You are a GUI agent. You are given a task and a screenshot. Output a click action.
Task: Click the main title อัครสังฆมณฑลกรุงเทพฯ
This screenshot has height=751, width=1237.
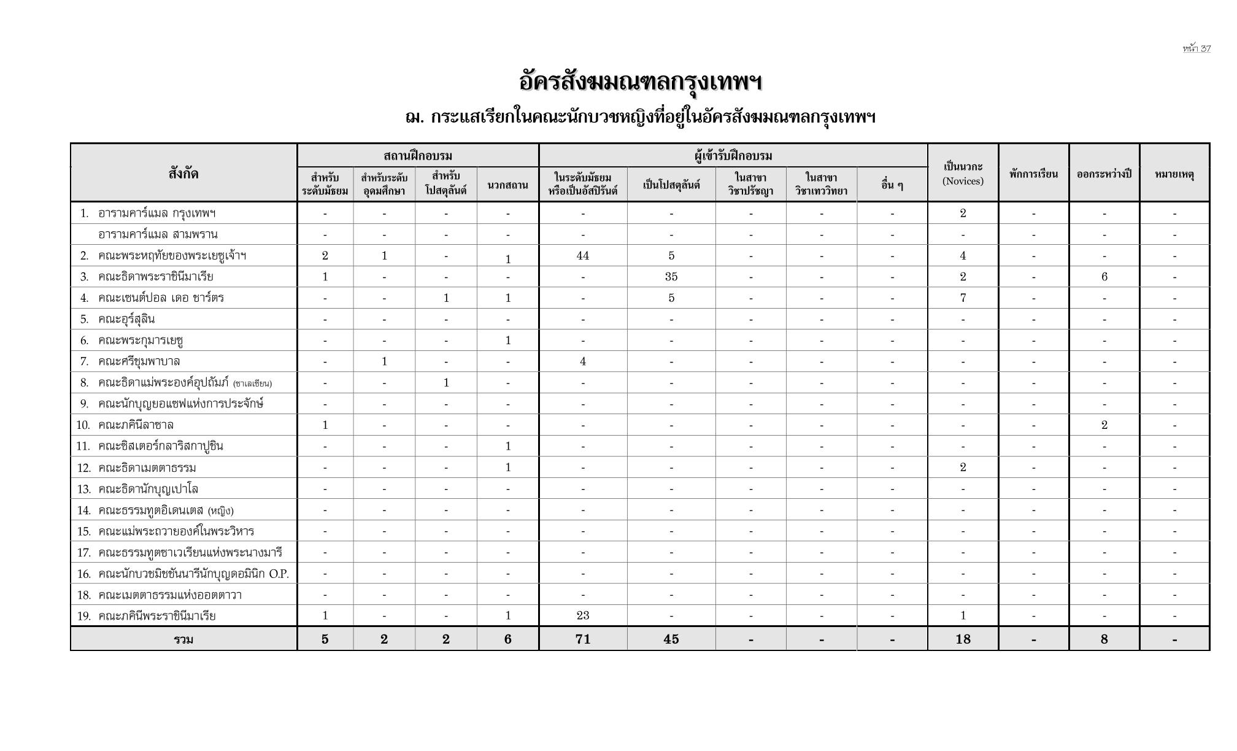640,82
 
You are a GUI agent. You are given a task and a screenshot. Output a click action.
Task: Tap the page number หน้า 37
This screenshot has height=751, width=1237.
1197,48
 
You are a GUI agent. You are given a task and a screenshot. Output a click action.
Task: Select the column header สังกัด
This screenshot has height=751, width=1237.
183,174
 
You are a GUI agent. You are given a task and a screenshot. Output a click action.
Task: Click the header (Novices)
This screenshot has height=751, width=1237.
963,181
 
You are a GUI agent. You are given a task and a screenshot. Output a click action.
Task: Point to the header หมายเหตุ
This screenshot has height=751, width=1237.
1174,174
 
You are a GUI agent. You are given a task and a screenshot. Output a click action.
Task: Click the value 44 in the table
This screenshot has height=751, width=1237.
582,256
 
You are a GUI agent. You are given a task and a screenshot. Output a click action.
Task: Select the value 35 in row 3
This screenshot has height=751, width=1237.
671,277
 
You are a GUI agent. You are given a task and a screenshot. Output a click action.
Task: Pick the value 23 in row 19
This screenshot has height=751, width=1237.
582,615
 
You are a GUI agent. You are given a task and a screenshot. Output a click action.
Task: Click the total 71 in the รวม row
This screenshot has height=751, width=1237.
582,639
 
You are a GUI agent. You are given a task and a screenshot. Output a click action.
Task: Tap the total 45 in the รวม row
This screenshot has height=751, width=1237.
671,639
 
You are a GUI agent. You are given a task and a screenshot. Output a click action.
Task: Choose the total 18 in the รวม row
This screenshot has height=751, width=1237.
963,639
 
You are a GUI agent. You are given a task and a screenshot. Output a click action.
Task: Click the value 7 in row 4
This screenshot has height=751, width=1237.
963,298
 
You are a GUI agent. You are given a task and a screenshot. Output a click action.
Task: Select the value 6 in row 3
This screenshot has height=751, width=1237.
1104,277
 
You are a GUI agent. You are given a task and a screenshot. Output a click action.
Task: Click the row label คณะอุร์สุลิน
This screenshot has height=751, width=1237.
126,319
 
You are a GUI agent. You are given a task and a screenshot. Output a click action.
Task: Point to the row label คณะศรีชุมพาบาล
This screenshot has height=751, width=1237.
139,361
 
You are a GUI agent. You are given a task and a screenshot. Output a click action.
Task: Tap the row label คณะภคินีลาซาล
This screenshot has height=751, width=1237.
136,425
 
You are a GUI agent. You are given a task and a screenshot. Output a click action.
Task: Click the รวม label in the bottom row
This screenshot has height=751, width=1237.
183,639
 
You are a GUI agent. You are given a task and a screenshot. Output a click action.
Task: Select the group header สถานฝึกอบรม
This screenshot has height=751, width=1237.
417,156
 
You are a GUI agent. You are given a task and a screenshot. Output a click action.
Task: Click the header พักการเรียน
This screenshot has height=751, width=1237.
1033,174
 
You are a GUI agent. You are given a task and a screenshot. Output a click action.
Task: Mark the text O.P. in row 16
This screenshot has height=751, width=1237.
279,574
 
